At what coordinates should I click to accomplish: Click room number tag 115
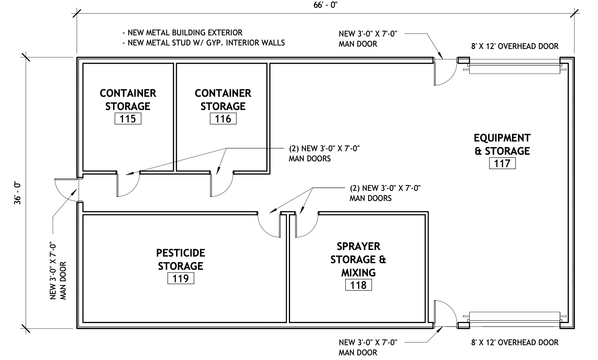click(128, 119)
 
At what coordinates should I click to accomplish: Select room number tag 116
click(223, 119)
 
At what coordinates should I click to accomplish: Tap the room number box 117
click(502, 163)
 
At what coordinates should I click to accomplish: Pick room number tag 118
click(358, 285)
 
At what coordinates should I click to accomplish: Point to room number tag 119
click(181, 278)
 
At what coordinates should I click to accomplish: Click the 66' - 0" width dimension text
click(325, 5)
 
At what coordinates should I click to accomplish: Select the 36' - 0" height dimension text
click(17, 194)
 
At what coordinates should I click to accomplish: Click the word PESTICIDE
click(181, 253)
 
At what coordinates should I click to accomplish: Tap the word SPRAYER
click(358, 246)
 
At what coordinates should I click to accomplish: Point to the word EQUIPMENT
click(502, 138)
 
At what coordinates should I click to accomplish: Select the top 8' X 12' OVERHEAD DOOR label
click(515, 46)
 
